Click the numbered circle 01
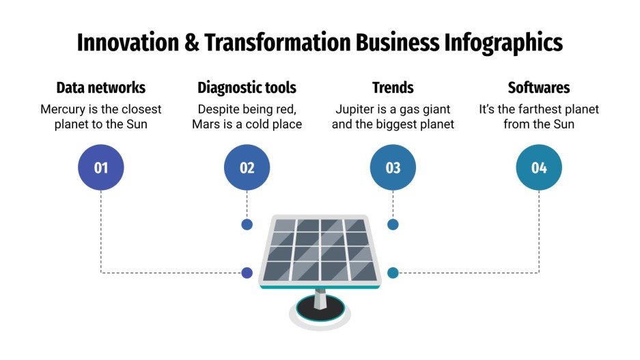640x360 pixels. coord(101,167)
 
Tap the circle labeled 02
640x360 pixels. coord(247,167)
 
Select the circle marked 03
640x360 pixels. coord(393,167)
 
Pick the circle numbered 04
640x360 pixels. coord(539,167)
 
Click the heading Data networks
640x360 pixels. coord(101,87)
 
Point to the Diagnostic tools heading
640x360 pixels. coord(247,87)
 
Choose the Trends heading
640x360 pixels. coord(393,87)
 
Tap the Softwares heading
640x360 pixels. coord(539,87)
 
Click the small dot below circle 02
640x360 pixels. coord(247,224)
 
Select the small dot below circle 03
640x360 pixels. coord(393,224)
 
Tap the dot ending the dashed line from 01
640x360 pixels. coord(247,273)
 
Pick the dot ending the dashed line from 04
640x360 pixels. coord(393,273)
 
